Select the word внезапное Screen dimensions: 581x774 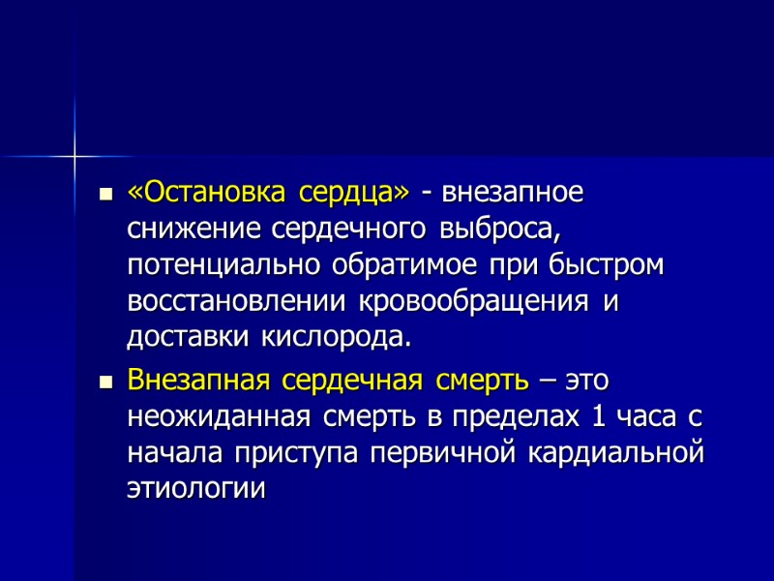click(508, 193)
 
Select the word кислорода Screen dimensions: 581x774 click(336, 339)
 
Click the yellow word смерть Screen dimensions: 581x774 click(478, 380)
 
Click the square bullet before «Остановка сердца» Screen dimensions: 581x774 click(106, 195)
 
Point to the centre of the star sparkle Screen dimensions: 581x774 click(74, 155)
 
